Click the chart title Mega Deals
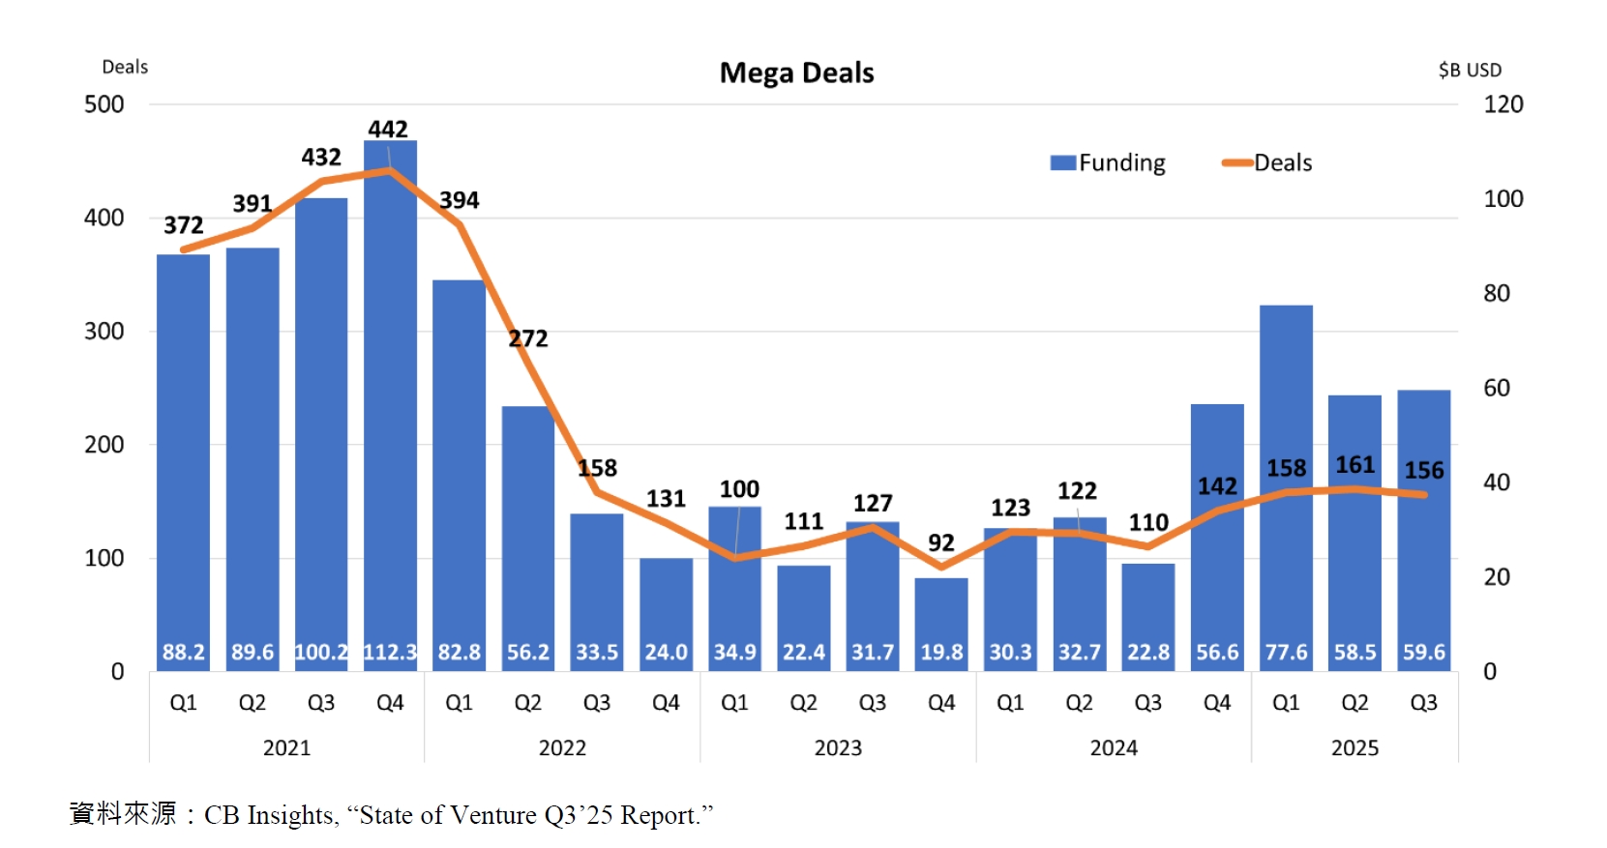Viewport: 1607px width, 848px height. pyautogui.click(x=796, y=73)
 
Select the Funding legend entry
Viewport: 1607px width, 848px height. pyautogui.click(x=1108, y=162)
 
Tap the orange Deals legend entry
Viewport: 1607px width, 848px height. pyautogui.click(x=1266, y=162)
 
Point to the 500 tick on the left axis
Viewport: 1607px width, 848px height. pyautogui.click(x=104, y=104)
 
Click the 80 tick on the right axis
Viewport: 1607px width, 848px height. pyautogui.click(x=1496, y=293)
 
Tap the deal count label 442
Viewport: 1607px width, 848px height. pyautogui.click(x=388, y=129)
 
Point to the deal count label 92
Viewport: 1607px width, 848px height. pyautogui.click(x=941, y=542)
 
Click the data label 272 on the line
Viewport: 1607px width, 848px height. pyautogui.click(x=528, y=338)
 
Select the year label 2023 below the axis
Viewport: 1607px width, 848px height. pyautogui.click(x=838, y=747)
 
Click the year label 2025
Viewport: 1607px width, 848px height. pyautogui.click(x=1354, y=747)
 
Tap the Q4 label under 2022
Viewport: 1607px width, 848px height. pyautogui.click(x=666, y=703)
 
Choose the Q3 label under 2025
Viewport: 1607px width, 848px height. pyautogui.click(x=1423, y=703)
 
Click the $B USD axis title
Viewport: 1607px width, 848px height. pyautogui.click(x=1470, y=70)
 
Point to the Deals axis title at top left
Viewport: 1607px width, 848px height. pyautogui.click(x=125, y=67)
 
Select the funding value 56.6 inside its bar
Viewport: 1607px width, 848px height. pyautogui.click(x=1217, y=653)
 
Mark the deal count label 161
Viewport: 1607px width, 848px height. pyautogui.click(x=1354, y=465)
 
